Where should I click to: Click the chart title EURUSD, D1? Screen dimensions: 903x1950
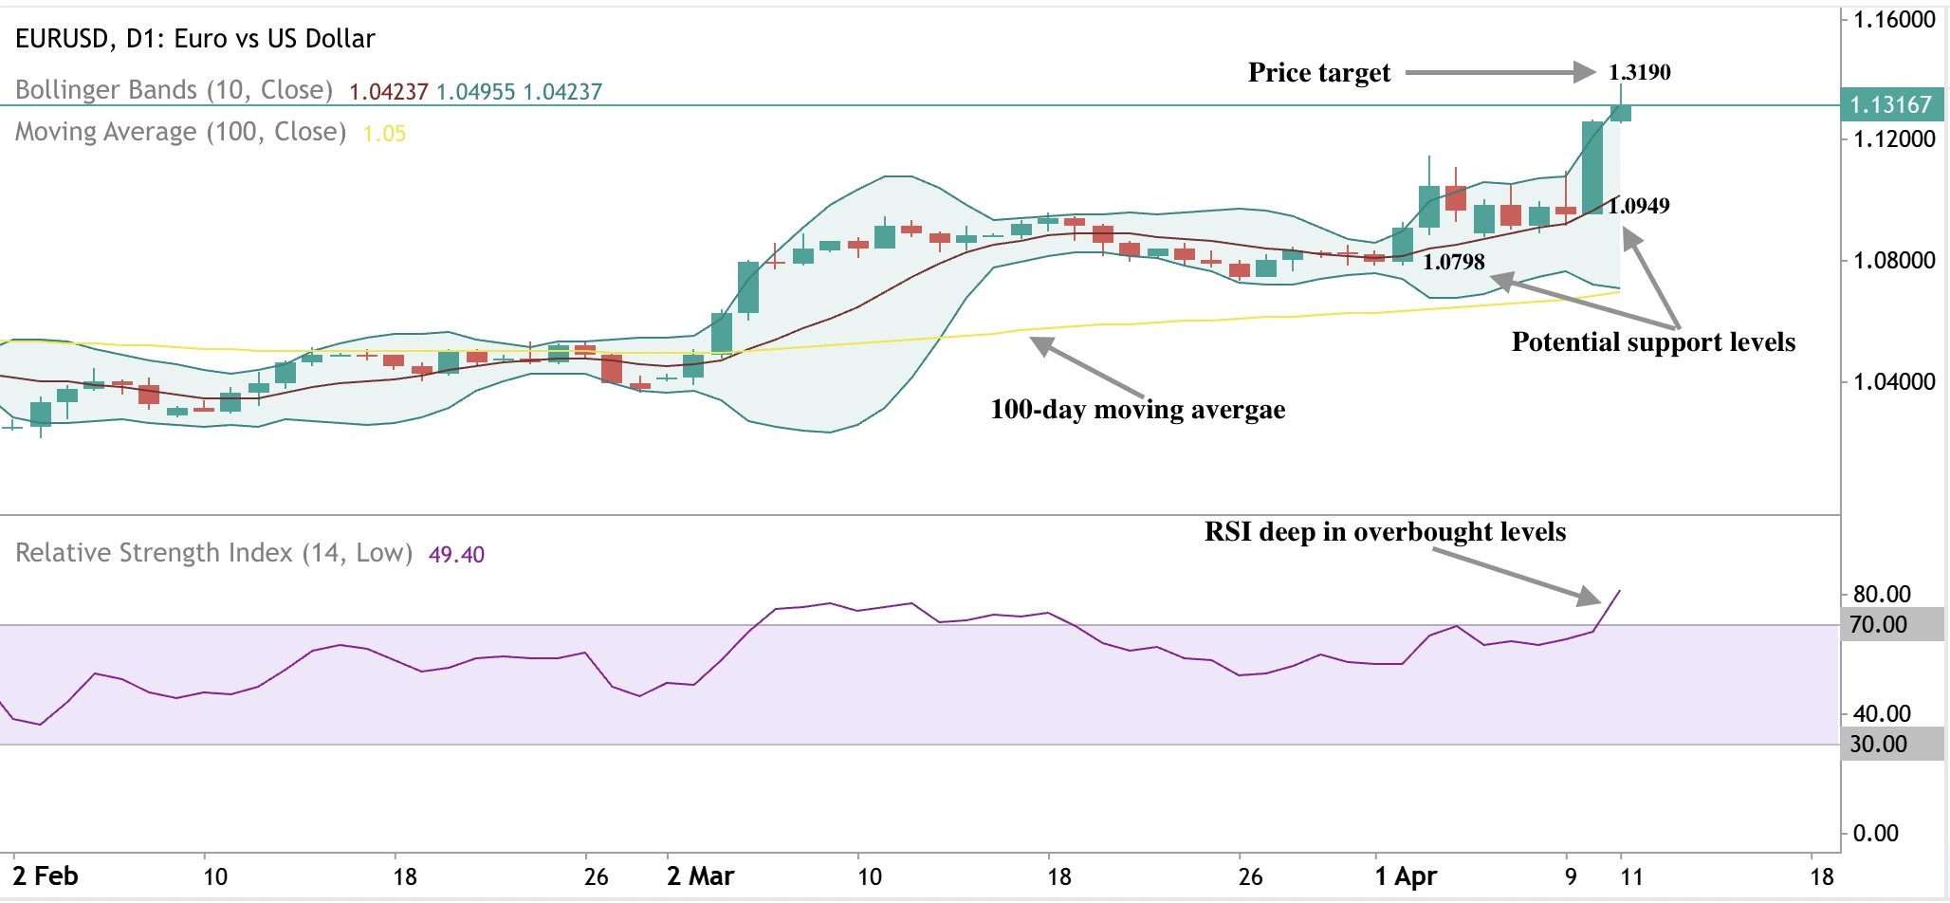click(194, 39)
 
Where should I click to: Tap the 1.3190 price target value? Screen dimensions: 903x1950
click(1639, 72)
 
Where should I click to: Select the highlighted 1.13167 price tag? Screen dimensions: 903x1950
click(1890, 105)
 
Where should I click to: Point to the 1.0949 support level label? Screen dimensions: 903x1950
click(1639, 206)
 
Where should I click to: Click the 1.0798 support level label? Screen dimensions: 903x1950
click(1453, 262)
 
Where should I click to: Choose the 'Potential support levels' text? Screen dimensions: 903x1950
click(1652, 342)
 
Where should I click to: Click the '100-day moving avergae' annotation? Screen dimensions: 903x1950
click(1137, 410)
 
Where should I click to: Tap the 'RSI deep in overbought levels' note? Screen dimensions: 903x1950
click(1385, 532)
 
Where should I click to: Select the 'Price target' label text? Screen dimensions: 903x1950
click(1318, 73)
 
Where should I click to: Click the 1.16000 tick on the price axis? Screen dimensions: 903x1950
click(1894, 20)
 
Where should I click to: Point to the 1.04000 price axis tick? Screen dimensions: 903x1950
click(1894, 382)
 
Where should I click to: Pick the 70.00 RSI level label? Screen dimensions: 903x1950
click(1879, 625)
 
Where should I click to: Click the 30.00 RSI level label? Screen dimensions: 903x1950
click(1879, 745)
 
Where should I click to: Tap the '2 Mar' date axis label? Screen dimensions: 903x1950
click(700, 875)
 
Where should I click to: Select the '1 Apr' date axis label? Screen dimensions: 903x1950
click(1406, 875)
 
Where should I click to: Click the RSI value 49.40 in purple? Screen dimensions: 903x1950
click(456, 555)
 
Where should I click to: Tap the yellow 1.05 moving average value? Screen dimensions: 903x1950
click(384, 134)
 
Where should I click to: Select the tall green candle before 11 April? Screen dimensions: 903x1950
click(1592, 167)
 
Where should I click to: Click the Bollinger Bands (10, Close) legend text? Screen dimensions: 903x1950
click(174, 90)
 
